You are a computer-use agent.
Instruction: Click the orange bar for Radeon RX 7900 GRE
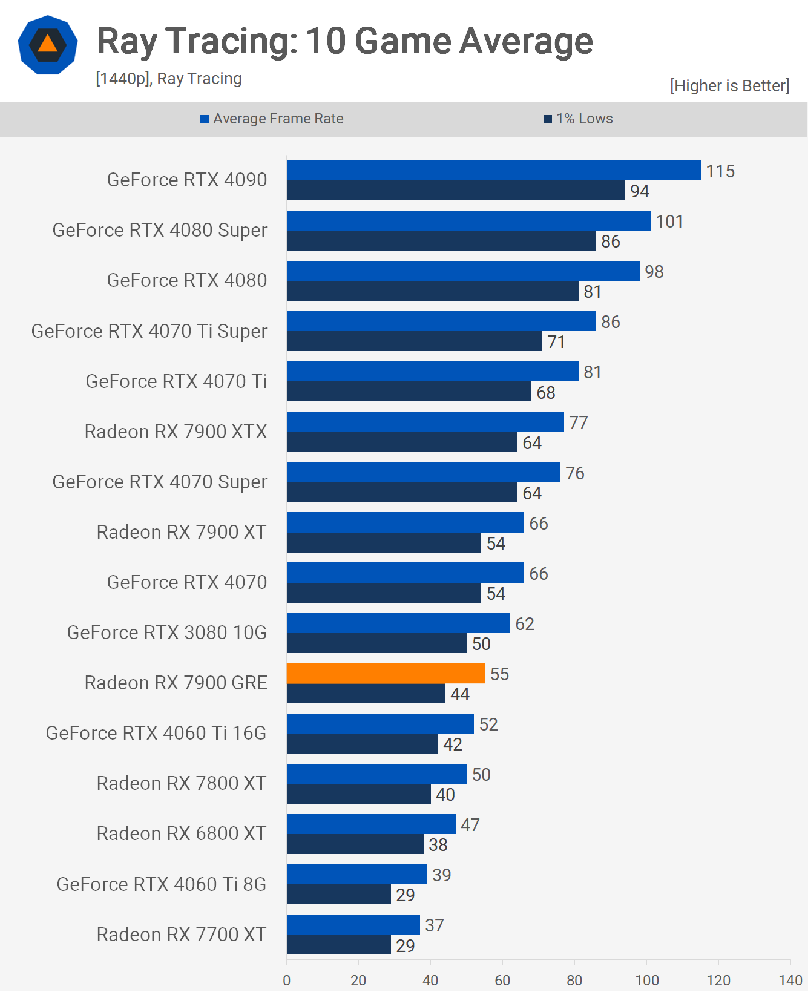click(386, 674)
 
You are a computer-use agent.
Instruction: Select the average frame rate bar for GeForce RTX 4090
click(493, 171)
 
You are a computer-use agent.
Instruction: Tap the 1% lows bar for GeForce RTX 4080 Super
click(441, 241)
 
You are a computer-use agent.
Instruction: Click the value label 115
click(720, 171)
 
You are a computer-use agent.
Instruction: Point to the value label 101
click(669, 222)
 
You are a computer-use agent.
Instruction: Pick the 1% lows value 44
click(460, 694)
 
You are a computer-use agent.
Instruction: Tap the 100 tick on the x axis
click(646, 980)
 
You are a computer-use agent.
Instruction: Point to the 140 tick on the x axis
click(790, 980)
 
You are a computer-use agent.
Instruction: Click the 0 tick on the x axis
click(287, 980)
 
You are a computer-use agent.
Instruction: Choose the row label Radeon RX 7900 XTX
click(176, 432)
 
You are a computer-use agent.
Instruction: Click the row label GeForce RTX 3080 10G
click(166, 632)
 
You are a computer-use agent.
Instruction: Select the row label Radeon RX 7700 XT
click(181, 935)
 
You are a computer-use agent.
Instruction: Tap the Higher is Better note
click(729, 86)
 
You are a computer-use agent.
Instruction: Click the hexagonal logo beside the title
click(48, 45)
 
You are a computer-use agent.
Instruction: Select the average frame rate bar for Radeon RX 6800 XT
click(371, 824)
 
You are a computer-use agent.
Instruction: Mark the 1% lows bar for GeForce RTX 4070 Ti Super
click(414, 341)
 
